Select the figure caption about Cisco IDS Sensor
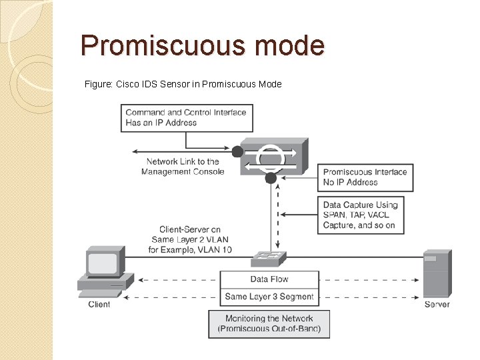pyautogui.click(x=183, y=84)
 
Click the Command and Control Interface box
pyautogui.click(x=186, y=117)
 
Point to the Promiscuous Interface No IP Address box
pyautogui.click(x=365, y=177)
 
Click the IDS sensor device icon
pyautogui.click(x=273, y=156)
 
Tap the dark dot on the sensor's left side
pyautogui.click(x=237, y=152)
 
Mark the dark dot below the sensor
pyautogui.click(x=271, y=178)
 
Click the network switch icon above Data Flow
pyautogui.click(x=269, y=259)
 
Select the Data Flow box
pyautogui.click(x=269, y=279)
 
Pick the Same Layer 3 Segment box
pyautogui.click(x=269, y=297)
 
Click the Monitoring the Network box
pyautogui.click(x=269, y=323)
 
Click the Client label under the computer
pyautogui.click(x=99, y=305)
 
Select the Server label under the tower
pyautogui.click(x=437, y=305)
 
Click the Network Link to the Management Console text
pyautogui.click(x=183, y=167)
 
